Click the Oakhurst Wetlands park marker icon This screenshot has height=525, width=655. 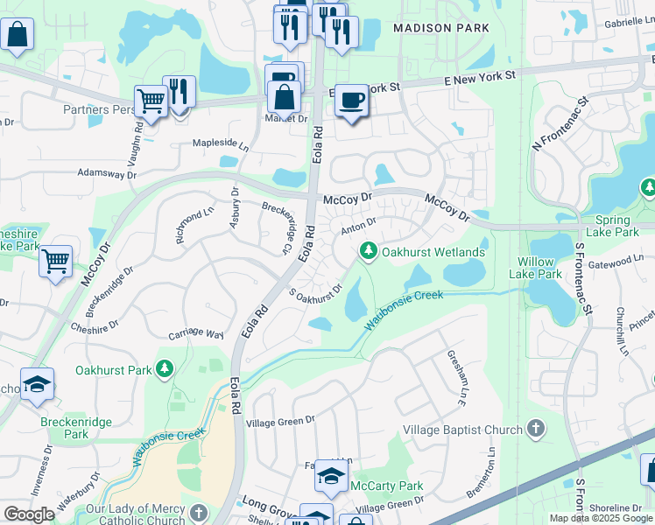(369, 252)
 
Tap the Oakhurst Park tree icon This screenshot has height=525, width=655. (164, 370)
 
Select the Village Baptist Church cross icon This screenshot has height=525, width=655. (536, 430)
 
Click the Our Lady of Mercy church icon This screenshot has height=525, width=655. (199, 512)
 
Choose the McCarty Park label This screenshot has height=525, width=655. (386, 486)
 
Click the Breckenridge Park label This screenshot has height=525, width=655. (64, 428)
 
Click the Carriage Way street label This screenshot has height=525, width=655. (196, 333)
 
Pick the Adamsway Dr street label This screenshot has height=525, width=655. (108, 175)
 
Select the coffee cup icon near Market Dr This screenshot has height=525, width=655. (351, 101)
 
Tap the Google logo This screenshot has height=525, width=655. (30, 514)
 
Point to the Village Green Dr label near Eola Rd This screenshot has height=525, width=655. (280, 421)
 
